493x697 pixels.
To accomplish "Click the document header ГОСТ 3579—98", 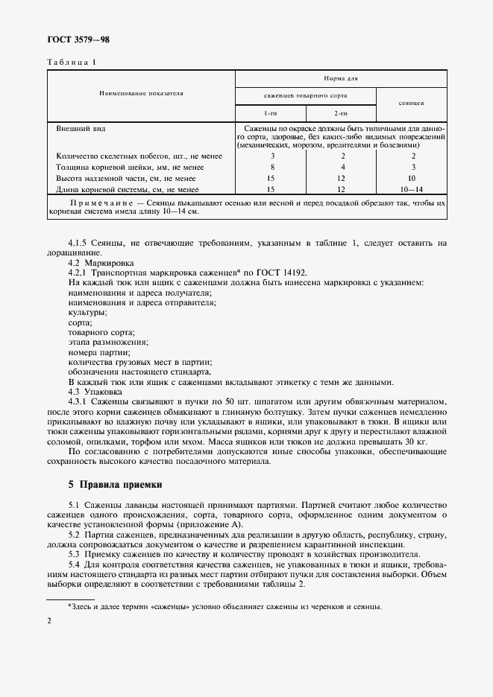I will (78, 39).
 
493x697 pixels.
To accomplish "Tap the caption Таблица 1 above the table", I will (72, 62).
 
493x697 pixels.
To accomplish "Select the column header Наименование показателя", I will (141, 94).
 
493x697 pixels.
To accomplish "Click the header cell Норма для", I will (340, 78).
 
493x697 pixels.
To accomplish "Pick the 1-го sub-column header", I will (270, 113).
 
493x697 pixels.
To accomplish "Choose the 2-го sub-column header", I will (340, 113).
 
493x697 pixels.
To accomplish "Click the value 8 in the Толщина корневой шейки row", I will (272, 168).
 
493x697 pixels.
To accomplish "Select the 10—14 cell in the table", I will (412, 190).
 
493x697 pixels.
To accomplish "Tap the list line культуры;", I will (87, 312).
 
